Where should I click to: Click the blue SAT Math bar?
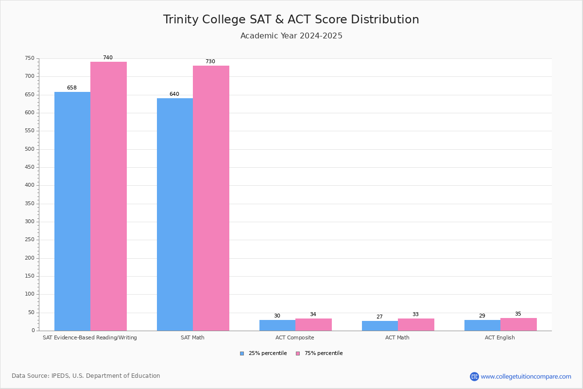pos(175,214)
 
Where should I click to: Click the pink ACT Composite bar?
pos(313,324)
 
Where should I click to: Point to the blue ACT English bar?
pos(482,325)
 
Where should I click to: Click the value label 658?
pos(72,88)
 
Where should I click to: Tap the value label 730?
pos(210,62)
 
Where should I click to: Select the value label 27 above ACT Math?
pos(379,317)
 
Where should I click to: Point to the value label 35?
pos(518,314)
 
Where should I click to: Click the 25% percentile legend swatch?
pos(242,354)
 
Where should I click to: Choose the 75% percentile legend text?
pos(324,354)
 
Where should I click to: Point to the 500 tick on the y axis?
pos(30,149)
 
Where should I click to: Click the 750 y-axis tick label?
pos(30,58)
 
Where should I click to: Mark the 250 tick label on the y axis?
pos(30,240)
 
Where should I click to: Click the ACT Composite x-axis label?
pos(295,337)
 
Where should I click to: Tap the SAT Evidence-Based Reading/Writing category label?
pos(90,337)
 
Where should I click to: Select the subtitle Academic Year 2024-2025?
pos(291,36)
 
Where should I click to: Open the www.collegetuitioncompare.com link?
pos(526,376)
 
